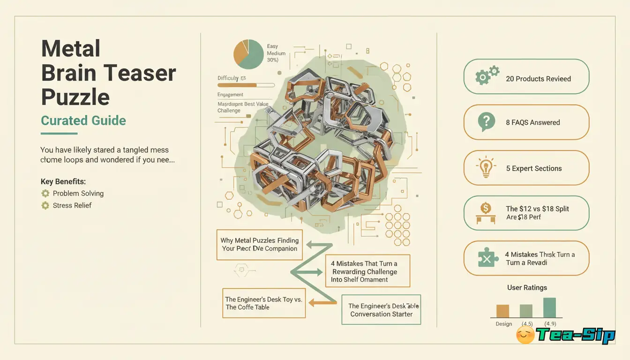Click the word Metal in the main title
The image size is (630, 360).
[71, 49]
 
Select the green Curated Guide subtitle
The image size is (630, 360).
[83, 120]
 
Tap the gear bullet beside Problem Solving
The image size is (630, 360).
[45, 193]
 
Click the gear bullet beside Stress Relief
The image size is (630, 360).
[45, 205]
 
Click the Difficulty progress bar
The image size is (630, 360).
[246, 85]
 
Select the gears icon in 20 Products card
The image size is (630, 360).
[487, 76]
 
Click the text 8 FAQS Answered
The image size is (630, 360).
[532, 122]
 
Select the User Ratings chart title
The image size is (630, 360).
[527, 287]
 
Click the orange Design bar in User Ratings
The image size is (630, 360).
[502, 311]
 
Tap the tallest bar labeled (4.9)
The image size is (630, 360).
[549, 307]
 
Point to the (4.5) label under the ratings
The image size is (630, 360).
[527, 324]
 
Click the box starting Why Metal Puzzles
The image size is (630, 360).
[259, 244]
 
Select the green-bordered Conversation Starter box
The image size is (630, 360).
[381, 310]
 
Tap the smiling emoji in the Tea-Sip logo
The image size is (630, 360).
[525, 335]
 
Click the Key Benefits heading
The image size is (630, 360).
[63, 181]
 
